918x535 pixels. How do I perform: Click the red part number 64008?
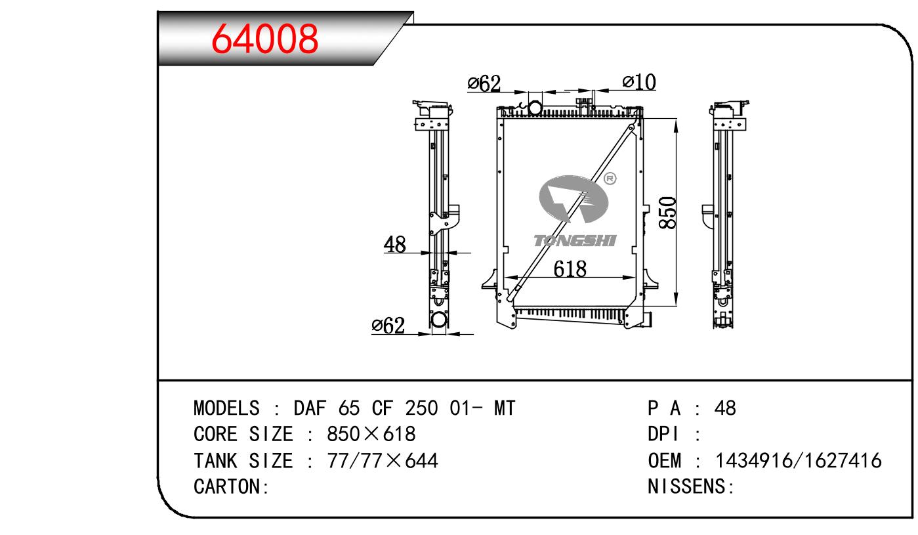[x=264, y=39]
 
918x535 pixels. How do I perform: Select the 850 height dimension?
[x=667, y=213]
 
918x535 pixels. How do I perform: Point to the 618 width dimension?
[x=570, y=269]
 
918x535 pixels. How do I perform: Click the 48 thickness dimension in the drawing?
[x=394, y=244]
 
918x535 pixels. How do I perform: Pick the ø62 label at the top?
[x=484, y=83]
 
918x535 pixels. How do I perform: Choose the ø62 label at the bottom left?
[x=388, y=326]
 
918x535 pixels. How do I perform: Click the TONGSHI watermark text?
[x=575, y=241]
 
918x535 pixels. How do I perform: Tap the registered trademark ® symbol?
[x=610, y=179]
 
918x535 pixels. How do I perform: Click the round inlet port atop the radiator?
[x=535, y=108]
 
